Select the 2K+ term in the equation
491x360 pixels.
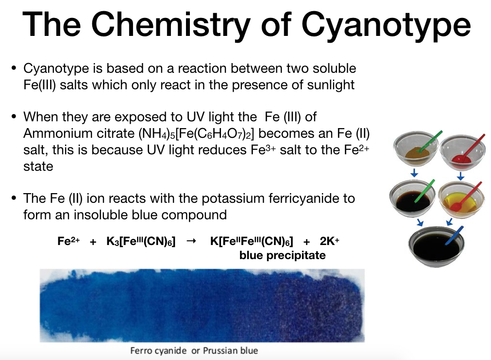tap(329, 242)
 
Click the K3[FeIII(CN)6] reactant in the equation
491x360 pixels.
tap(141, 242)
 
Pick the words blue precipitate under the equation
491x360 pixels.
tap(282, 255)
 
